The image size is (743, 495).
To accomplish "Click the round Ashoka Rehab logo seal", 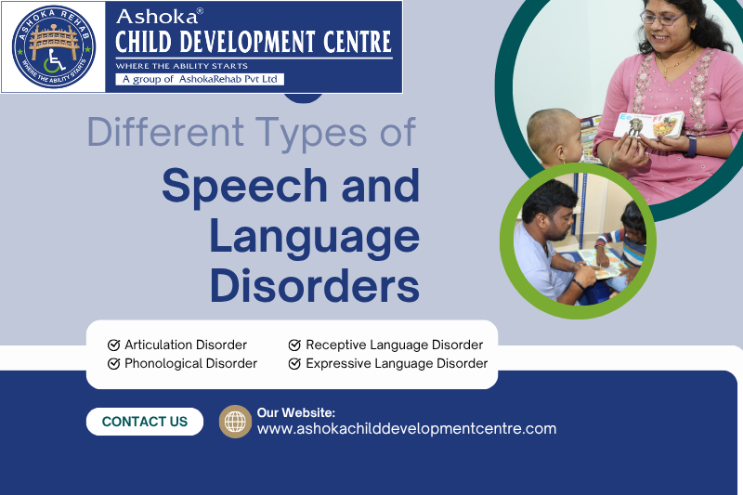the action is point(54,46).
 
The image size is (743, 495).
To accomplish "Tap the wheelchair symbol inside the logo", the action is point(54,61).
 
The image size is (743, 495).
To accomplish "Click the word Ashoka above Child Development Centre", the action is point(157,17).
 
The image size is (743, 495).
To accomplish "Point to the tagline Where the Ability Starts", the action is point(181,66).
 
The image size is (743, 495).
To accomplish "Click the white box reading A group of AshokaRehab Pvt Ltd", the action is point(200,79).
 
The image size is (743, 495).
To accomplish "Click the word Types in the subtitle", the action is point(311,133).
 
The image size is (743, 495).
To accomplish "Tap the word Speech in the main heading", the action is point(244,185).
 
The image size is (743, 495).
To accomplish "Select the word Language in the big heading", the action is point(314,238).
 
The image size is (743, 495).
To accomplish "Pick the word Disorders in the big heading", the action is point(315,286).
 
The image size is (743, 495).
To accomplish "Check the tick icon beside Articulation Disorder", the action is point(113,345).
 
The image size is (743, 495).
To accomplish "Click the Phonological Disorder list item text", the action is point(190,363).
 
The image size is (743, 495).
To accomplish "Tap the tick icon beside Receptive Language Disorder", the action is point(294,345).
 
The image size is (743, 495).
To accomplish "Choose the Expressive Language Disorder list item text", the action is point(397,363).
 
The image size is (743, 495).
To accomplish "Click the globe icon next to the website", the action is point(235,421).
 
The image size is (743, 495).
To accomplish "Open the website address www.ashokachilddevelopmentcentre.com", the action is point(407,429).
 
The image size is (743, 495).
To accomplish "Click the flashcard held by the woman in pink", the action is point(649,124).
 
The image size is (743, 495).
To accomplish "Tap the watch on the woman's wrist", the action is point(691,147).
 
